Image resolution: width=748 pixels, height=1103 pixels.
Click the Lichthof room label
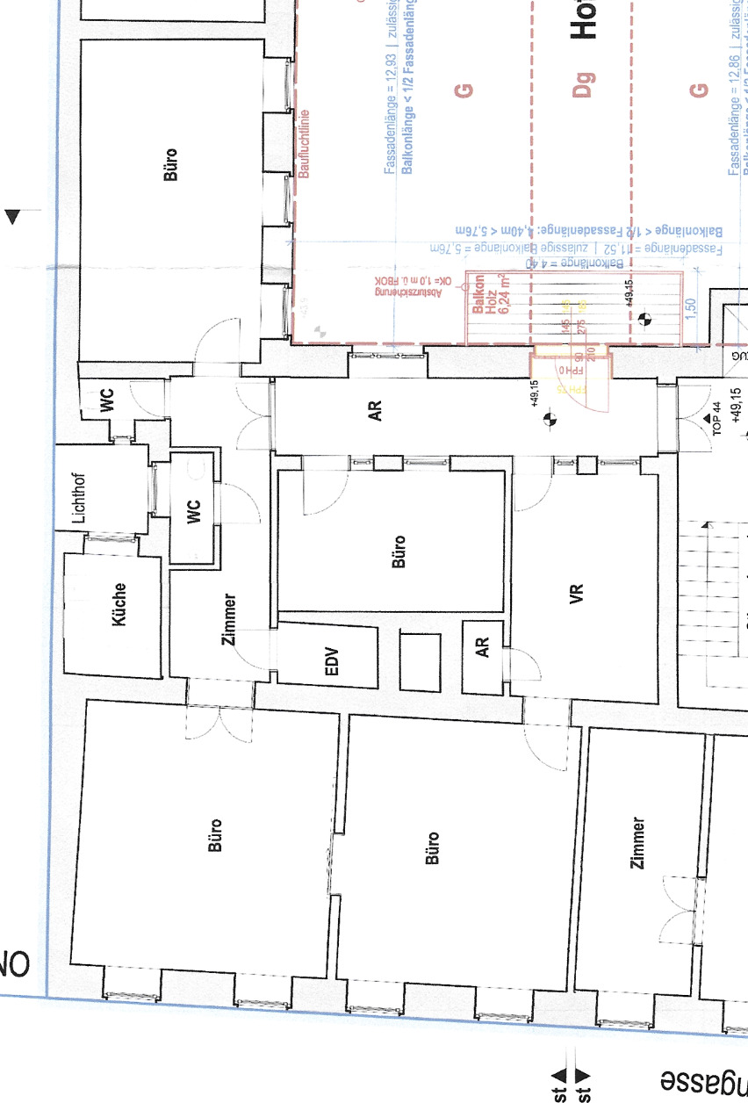point(80,498)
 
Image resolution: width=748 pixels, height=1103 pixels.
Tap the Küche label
point(119,604)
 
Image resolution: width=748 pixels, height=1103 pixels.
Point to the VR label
point(577,595)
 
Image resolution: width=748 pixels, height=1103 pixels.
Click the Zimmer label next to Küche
point(229,620)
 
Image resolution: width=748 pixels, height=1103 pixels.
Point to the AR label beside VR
point(482,648)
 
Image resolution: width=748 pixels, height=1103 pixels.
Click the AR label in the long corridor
point(376,410)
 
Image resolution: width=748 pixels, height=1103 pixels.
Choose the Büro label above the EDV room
point(399,551)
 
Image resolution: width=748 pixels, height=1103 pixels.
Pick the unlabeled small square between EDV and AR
point(419,660)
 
